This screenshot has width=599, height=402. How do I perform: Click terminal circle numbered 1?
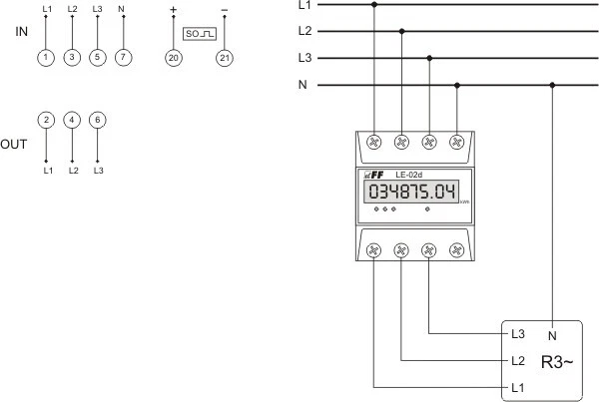pyautogui.click(x=46, y=58)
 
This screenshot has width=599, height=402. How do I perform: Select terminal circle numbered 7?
pyautogui.click(x=122, y=58)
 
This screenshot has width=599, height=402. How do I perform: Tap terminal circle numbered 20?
pyautogui.click(x=174, y=58)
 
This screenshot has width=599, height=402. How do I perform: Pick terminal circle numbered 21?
pyautogui.click(x=224, y=58)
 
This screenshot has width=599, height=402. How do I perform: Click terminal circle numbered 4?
pyautogui.click(x=72, y=120)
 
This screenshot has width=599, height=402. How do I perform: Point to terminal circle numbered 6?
pyautogui.click(x=97, y=120)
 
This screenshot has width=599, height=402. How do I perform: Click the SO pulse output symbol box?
pyautogui.click(x=199, y=34)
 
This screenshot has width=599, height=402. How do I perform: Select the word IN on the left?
pyautogui.click(x=21, y=32)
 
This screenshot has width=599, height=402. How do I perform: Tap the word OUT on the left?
pyautogui.click(x=14, y=145)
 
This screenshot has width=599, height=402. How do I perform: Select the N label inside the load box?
pyautogui.click(x=552, y=334)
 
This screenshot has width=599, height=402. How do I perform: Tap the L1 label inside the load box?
pyautogui.click(x=517, y=386)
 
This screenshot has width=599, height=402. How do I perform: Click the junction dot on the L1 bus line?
pyautogui.click(x=374, y=4)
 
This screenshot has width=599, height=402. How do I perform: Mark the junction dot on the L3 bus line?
pyautogui.click(x=429, y=58)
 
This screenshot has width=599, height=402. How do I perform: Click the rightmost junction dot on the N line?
pyautogui.click(x=552, y=85)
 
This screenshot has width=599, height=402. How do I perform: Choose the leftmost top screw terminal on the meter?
pyautogui.click(x=374, y=143)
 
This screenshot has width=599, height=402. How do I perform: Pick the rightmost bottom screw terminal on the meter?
pyautogui.click(x=456, y=249)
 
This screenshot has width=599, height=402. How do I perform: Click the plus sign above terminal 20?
pyautogui.click(x=174, y=10)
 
